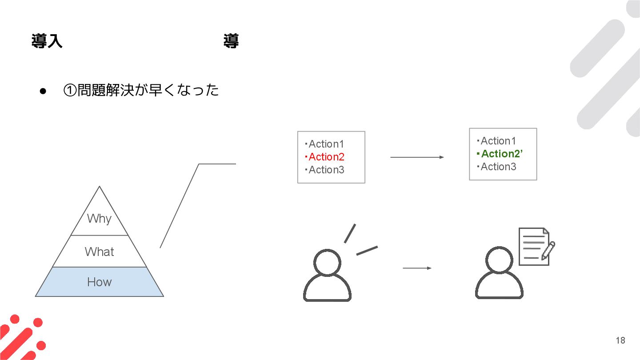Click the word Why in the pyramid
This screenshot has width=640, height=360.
coord(99,218)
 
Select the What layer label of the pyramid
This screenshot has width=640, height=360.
coord(99,252)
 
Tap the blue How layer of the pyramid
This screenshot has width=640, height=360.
coord(99,282)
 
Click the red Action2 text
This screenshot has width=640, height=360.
coord(326,157)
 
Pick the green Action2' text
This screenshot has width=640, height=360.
coord(501,154)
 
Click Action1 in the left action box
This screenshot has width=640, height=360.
coord(326,144)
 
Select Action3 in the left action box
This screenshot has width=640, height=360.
coord(326,170)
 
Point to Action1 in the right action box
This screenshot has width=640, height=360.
coord(498,141)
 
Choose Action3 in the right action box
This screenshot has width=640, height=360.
coord(498,167)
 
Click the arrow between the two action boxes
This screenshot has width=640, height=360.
coord(416,157)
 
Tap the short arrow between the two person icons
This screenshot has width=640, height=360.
coord(416,268)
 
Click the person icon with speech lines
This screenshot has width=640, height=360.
coord(328,276)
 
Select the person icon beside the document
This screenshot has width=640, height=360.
coord(499,273)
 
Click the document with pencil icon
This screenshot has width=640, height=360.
coord(536,247)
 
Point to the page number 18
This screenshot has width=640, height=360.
coord(620,340)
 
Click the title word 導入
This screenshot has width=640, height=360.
coord(47,41)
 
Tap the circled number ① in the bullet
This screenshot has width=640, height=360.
coord(70,91)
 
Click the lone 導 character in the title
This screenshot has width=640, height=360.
coord(231,41)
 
